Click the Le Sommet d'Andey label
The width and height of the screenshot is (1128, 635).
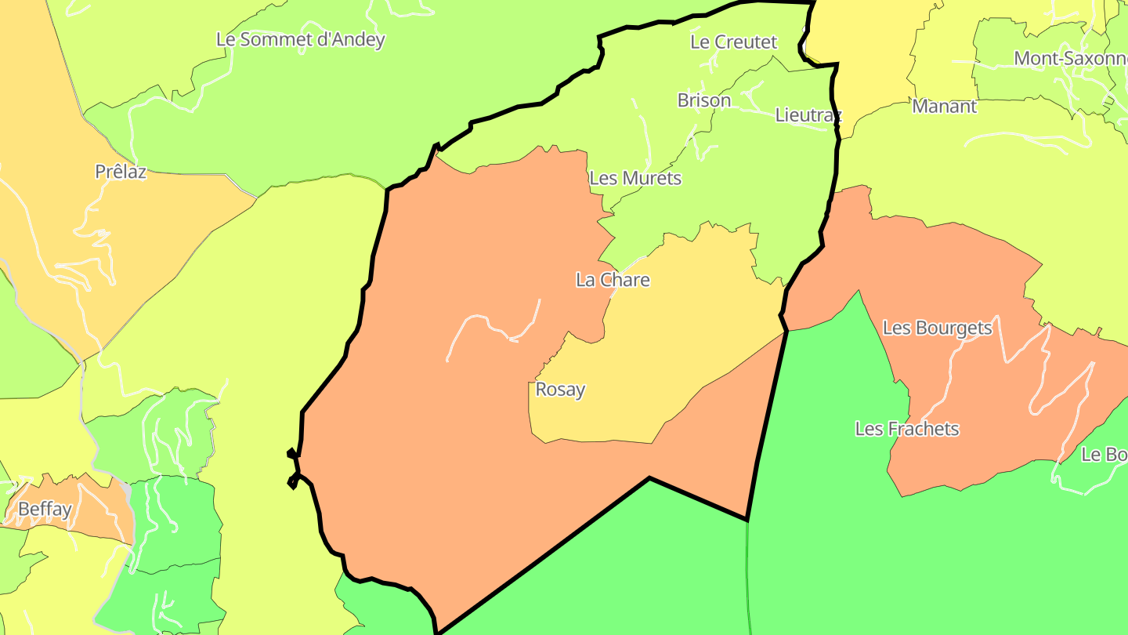pos(301,39)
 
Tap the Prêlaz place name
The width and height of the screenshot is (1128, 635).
pos(121,172)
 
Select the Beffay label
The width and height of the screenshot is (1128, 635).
pos(45,509)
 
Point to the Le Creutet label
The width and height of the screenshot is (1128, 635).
pos(733,42)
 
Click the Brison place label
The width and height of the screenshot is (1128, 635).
pos(704,100)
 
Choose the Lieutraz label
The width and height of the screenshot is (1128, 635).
pos(808,115)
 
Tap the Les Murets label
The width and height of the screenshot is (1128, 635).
pos(635,178)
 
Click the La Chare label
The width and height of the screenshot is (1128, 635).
pos(613,280)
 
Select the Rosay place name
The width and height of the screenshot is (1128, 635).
pos(560,389)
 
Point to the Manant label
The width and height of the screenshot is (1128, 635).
pos(944,107)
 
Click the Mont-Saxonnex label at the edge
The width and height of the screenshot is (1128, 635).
pos(1070,59)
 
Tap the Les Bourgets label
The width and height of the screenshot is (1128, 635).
pos(937,328)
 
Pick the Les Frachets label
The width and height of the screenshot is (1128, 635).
pos(907,429)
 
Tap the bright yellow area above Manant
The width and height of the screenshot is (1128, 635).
pos(869,47)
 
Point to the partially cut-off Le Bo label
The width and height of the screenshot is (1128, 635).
pos(1104,455)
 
